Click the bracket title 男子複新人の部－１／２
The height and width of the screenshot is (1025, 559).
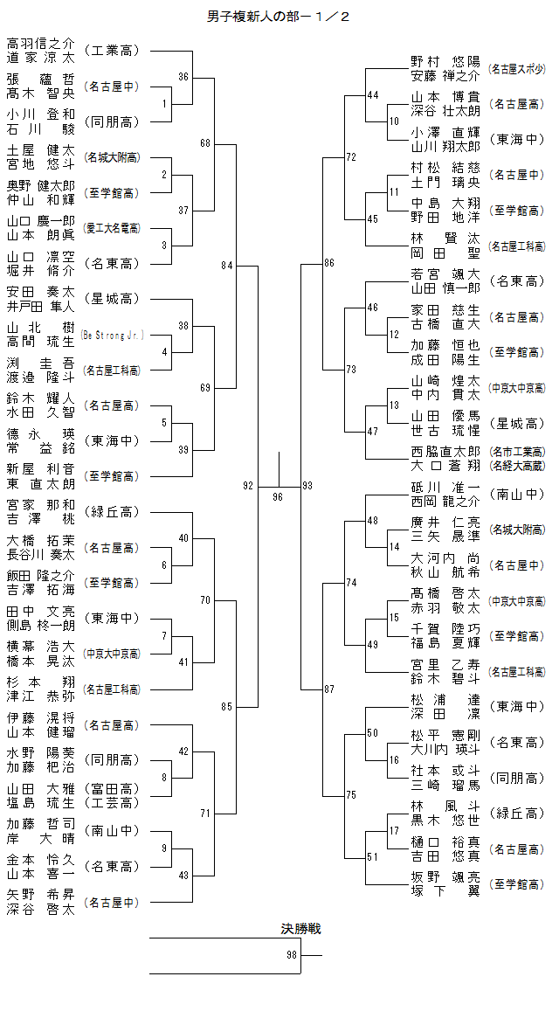click(x=278, y=17)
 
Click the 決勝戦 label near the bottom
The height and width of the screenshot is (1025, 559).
click(x=300, y=928)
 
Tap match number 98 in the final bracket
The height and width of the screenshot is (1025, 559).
click(x=292, y=955)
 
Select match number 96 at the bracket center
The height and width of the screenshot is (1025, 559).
click(x=278, y=496)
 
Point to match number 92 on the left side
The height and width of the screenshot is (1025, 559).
click(x=248, y=485)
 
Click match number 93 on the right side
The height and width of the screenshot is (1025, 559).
click(x=307, y=485)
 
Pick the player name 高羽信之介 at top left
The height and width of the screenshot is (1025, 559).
click(x=40, y=43)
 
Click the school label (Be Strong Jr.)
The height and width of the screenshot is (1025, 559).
click(x=112, y=335)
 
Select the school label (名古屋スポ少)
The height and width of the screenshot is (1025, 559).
click(x=516, y=68)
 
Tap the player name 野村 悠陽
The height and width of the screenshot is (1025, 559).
click(x=445, y=61)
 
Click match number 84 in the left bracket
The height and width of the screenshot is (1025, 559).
click(x=227, y=265)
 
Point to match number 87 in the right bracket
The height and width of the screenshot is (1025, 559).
click(x=329, y=689)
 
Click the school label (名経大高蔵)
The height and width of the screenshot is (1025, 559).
click(x=516, y=466)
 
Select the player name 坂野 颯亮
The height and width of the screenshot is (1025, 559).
click(x=445, y=877)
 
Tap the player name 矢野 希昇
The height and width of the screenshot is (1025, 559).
click(x=40, y=895)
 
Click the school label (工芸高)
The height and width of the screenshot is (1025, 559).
click(x=112, y=802)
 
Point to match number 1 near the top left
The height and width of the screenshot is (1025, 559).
click(x=164, y=104)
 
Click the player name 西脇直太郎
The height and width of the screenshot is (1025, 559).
click(x=445, y=452)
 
